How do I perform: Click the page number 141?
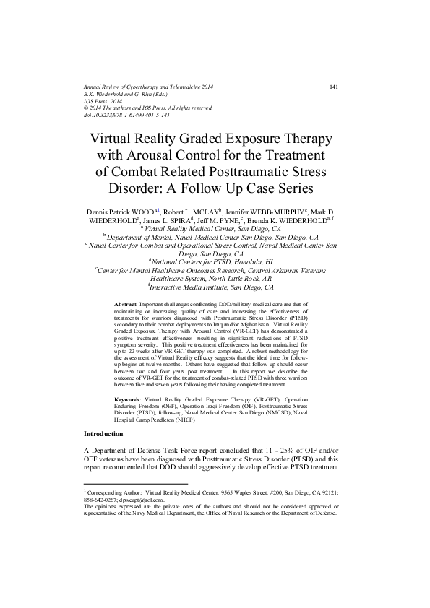tap(334, 87)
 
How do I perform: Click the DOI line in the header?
tap(127, 115)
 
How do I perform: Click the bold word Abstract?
tap(127, 306)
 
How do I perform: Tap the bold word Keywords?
tap(129, 399)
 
